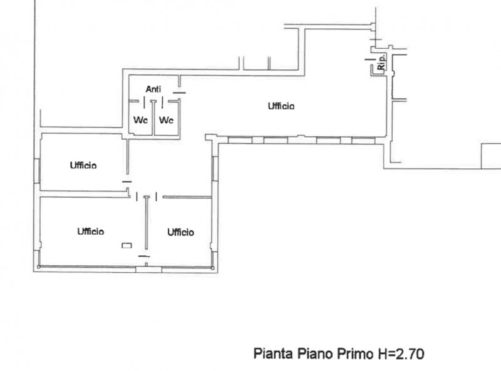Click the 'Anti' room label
(x=153, y=89)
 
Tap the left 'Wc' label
(x=140, y=120)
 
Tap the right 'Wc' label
(x=165, y=120)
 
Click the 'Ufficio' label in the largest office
(x=281, y=106)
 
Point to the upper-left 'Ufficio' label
(x=83, y=165)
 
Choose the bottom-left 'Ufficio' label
(x=91, y=231)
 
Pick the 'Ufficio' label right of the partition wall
(x=180, y=232)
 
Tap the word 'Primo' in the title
(x=357, y=354)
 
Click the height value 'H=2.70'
(x=401, y=354)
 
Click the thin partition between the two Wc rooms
(x=153, y=116)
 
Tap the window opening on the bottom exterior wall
(x=145, y=268)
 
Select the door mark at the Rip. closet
(x=369, y=60)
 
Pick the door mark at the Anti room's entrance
(x=180, y=93)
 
